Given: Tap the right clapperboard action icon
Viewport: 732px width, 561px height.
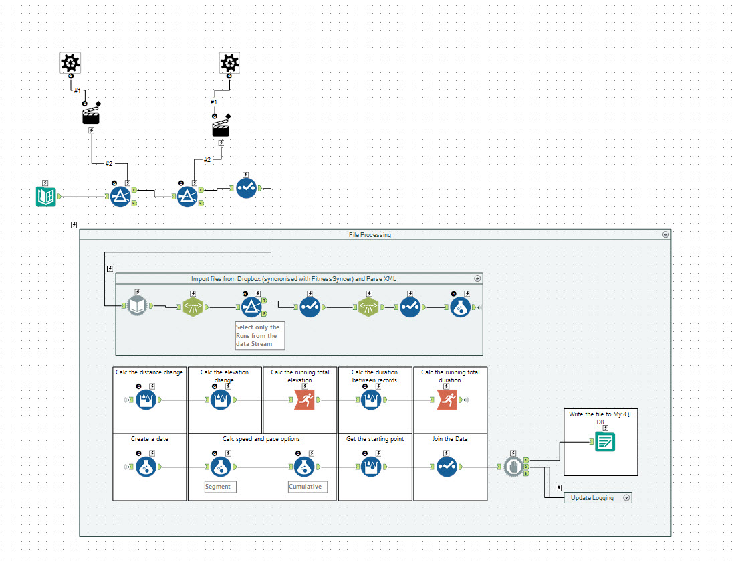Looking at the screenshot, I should point(221,128).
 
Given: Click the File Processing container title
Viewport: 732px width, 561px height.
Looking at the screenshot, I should point(370,235).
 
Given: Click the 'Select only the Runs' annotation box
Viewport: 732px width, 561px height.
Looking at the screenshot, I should point(259,335).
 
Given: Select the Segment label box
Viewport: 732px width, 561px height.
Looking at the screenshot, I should point(220,487).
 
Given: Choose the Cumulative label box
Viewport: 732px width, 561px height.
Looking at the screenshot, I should point(308,487).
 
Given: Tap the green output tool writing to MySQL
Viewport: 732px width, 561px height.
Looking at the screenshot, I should point(606,442).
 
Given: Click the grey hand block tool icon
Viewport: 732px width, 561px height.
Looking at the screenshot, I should point(513,467).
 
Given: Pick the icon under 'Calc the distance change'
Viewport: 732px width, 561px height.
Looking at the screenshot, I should point(147,400).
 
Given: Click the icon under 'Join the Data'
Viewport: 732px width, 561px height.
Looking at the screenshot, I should point(447,467).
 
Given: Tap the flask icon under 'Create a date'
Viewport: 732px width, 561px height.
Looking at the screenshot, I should point(147,467).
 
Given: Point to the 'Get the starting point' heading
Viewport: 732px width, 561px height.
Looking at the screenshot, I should point(374,439).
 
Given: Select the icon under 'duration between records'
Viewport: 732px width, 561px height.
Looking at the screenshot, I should point(372,400).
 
